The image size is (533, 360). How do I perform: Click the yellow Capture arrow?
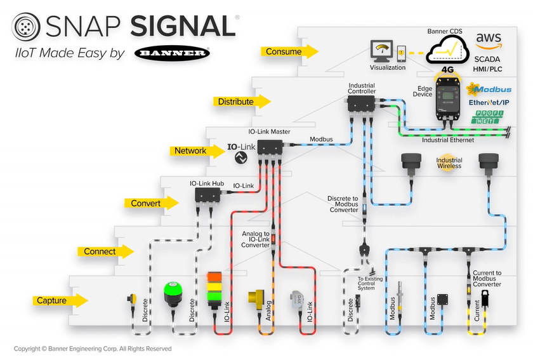click(x=61, y=300)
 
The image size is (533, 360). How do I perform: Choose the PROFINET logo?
click(x=487, y=117)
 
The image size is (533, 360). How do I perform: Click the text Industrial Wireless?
click(x=449, y=163)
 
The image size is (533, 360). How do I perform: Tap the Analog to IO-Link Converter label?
click(x=255, y=239)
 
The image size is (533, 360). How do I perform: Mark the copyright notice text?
click(x=93, y=349)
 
